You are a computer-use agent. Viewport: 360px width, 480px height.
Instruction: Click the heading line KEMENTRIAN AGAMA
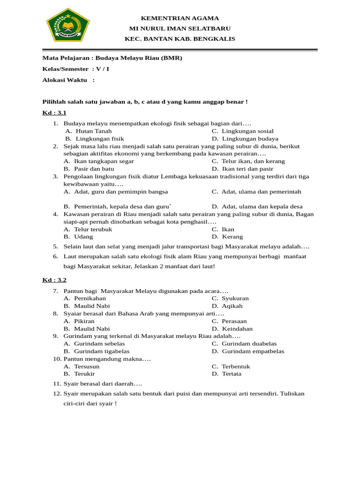coord(180,18)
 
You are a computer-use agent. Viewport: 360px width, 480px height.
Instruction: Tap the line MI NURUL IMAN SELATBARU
coord(180,29)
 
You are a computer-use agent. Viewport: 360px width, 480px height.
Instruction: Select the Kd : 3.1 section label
coord(54,113)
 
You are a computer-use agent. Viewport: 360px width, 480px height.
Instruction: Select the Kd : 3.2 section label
coord(54,280)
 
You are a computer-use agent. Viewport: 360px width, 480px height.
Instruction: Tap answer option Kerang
coord(232,237)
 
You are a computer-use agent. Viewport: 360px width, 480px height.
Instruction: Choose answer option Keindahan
coord(237,329)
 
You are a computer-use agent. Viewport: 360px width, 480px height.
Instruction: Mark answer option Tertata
coord(232,374)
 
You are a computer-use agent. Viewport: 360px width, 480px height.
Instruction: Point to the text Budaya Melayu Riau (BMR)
coord(139,58)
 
